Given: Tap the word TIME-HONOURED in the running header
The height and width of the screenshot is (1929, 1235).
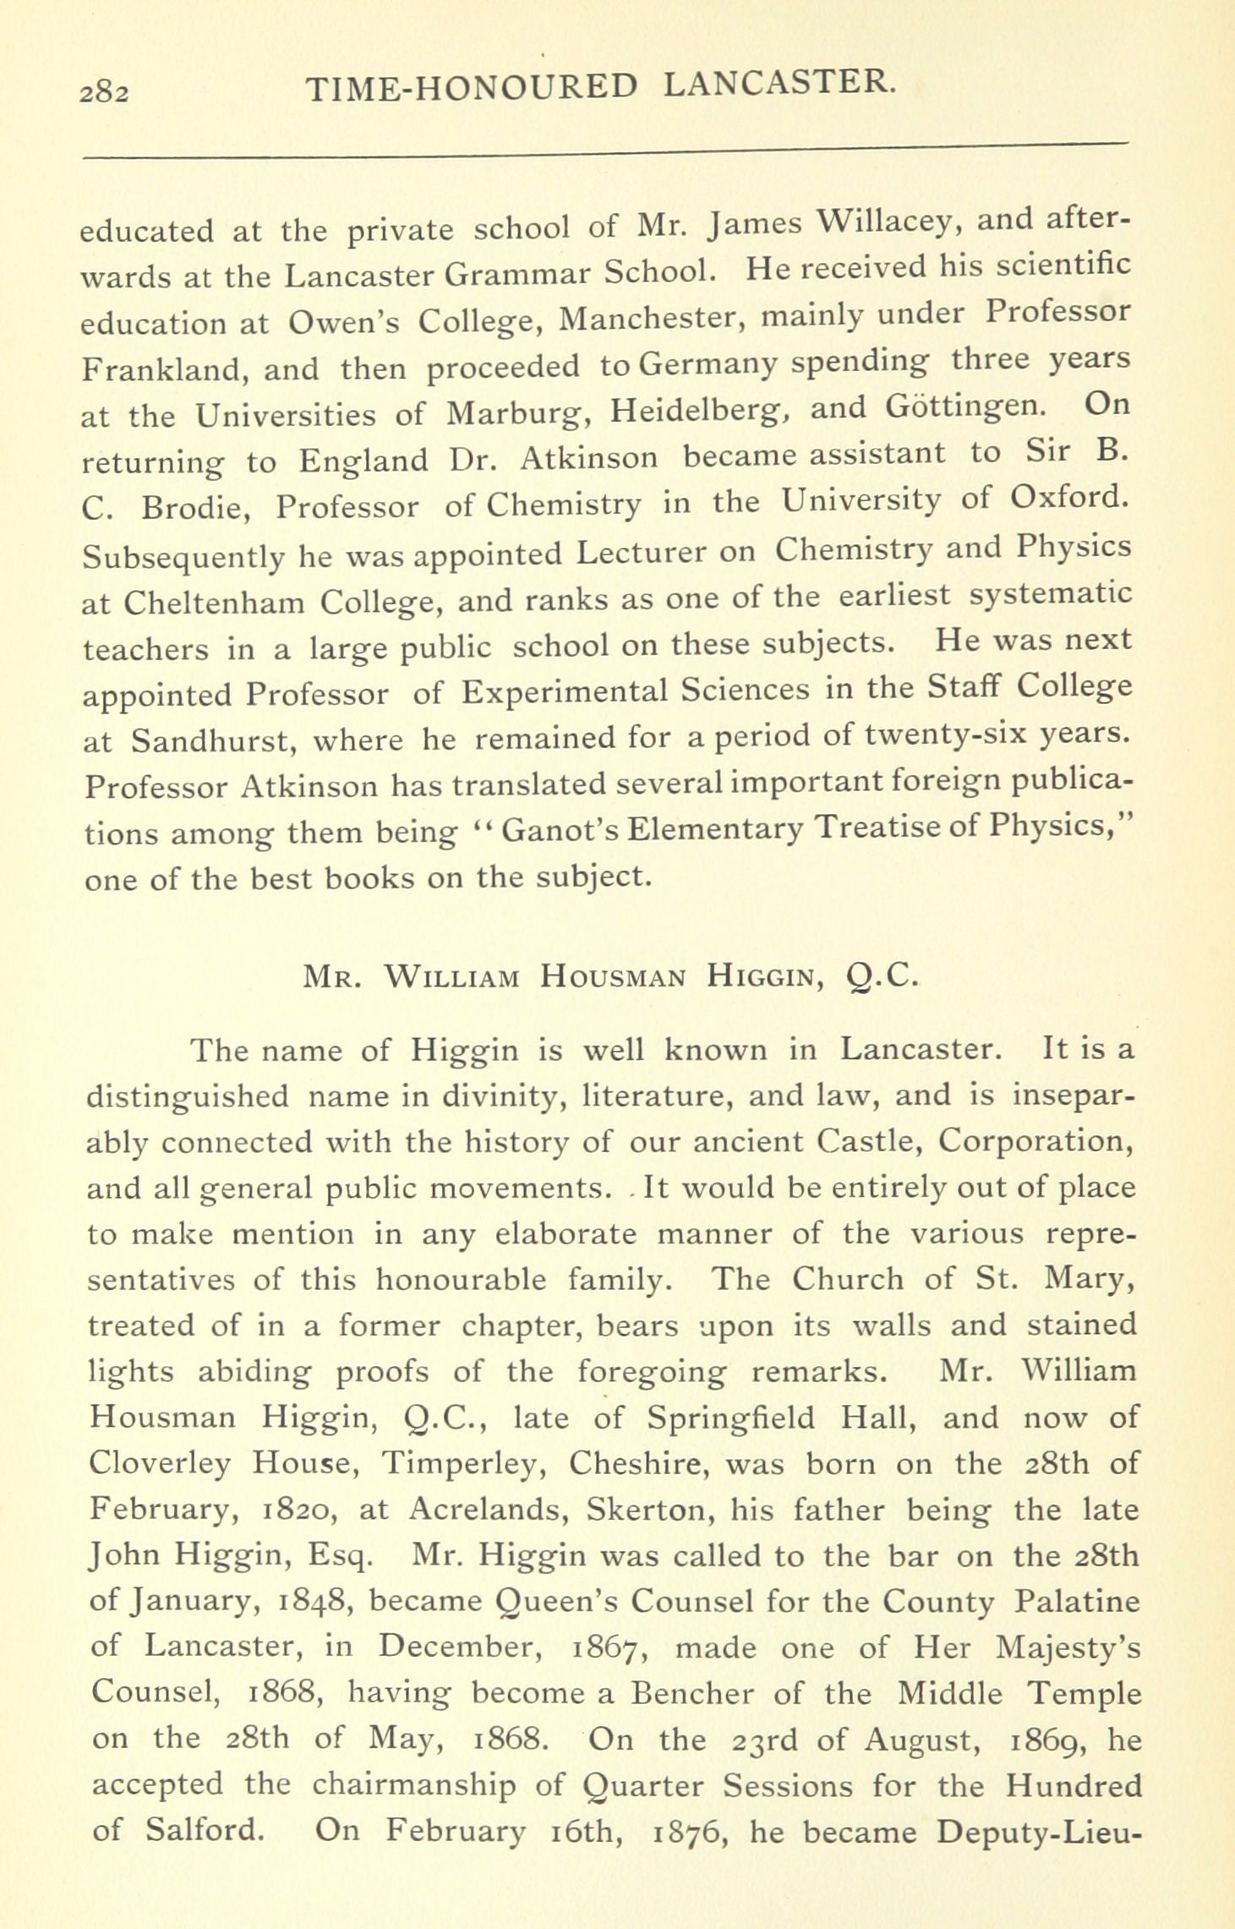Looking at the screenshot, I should coord(470,88).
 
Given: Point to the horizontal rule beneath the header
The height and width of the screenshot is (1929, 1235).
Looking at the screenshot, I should coord(605,150).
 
